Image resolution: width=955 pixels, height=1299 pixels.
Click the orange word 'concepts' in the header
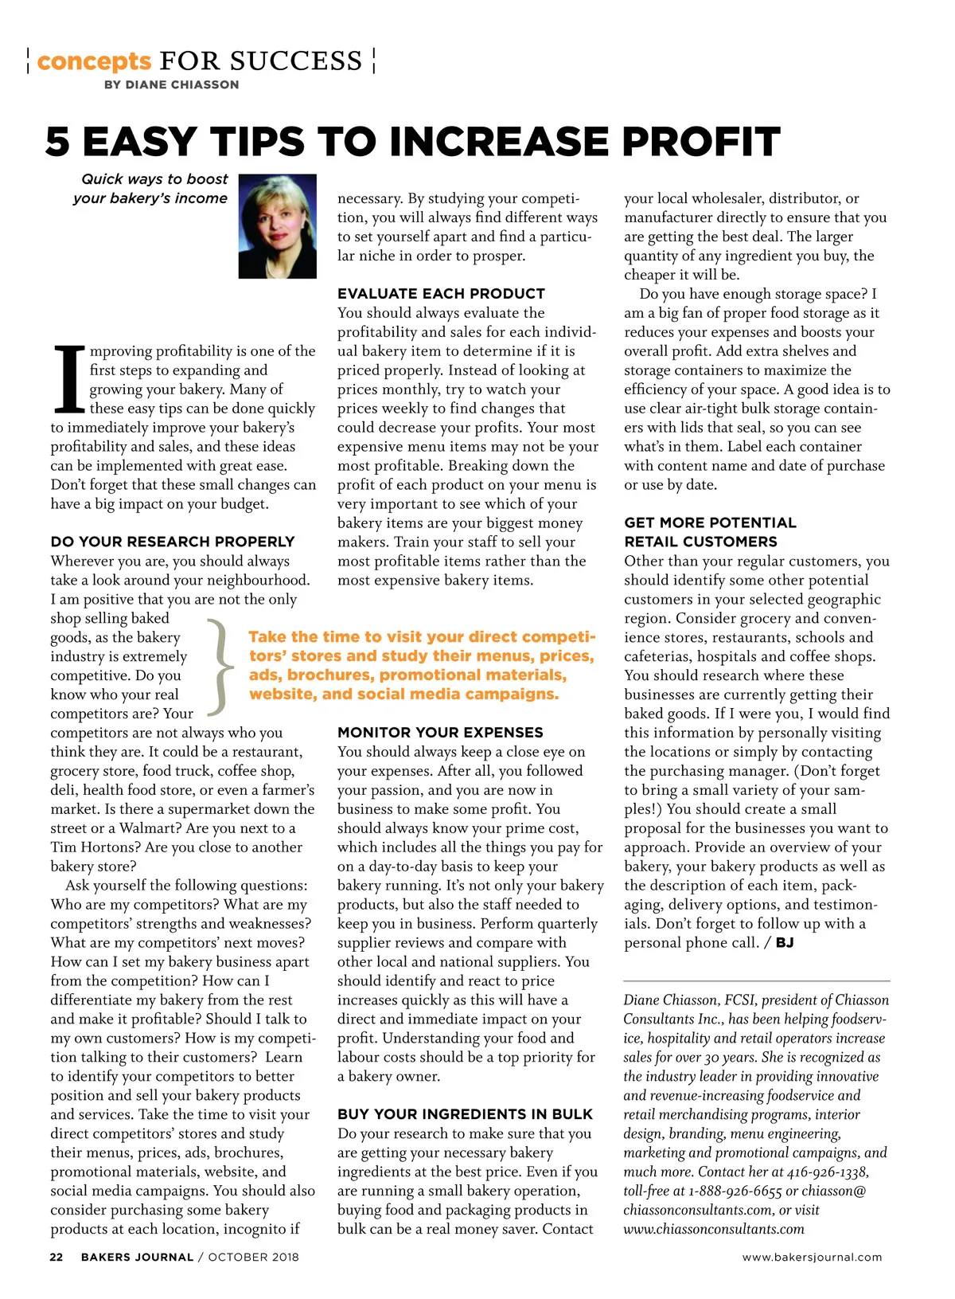pos(94,61)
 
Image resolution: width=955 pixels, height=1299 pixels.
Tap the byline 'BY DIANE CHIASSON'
pos(171,84)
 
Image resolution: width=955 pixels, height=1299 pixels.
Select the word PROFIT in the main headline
pos(700,142)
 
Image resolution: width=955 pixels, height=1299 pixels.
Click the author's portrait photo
pos(277,226)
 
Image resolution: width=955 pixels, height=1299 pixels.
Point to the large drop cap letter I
pos(68,380)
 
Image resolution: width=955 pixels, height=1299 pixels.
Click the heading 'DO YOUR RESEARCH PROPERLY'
pos(173,542)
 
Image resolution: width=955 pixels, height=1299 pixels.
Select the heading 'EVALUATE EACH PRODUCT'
pos(441,293)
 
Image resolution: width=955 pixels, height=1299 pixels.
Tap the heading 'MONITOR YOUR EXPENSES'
pos(440,732)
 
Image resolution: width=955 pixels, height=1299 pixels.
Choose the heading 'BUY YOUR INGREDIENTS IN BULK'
pos(465,1114)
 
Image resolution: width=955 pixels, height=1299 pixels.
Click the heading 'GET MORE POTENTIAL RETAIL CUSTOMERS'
pos(709,532)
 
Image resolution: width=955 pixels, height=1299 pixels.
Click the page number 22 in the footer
pos(57,1257)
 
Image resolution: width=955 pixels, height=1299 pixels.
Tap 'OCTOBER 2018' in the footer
pos(254,1257)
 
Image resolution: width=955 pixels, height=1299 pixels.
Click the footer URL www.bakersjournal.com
pos(812,1257)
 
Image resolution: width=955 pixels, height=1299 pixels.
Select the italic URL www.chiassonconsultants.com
pos(713,1229)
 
